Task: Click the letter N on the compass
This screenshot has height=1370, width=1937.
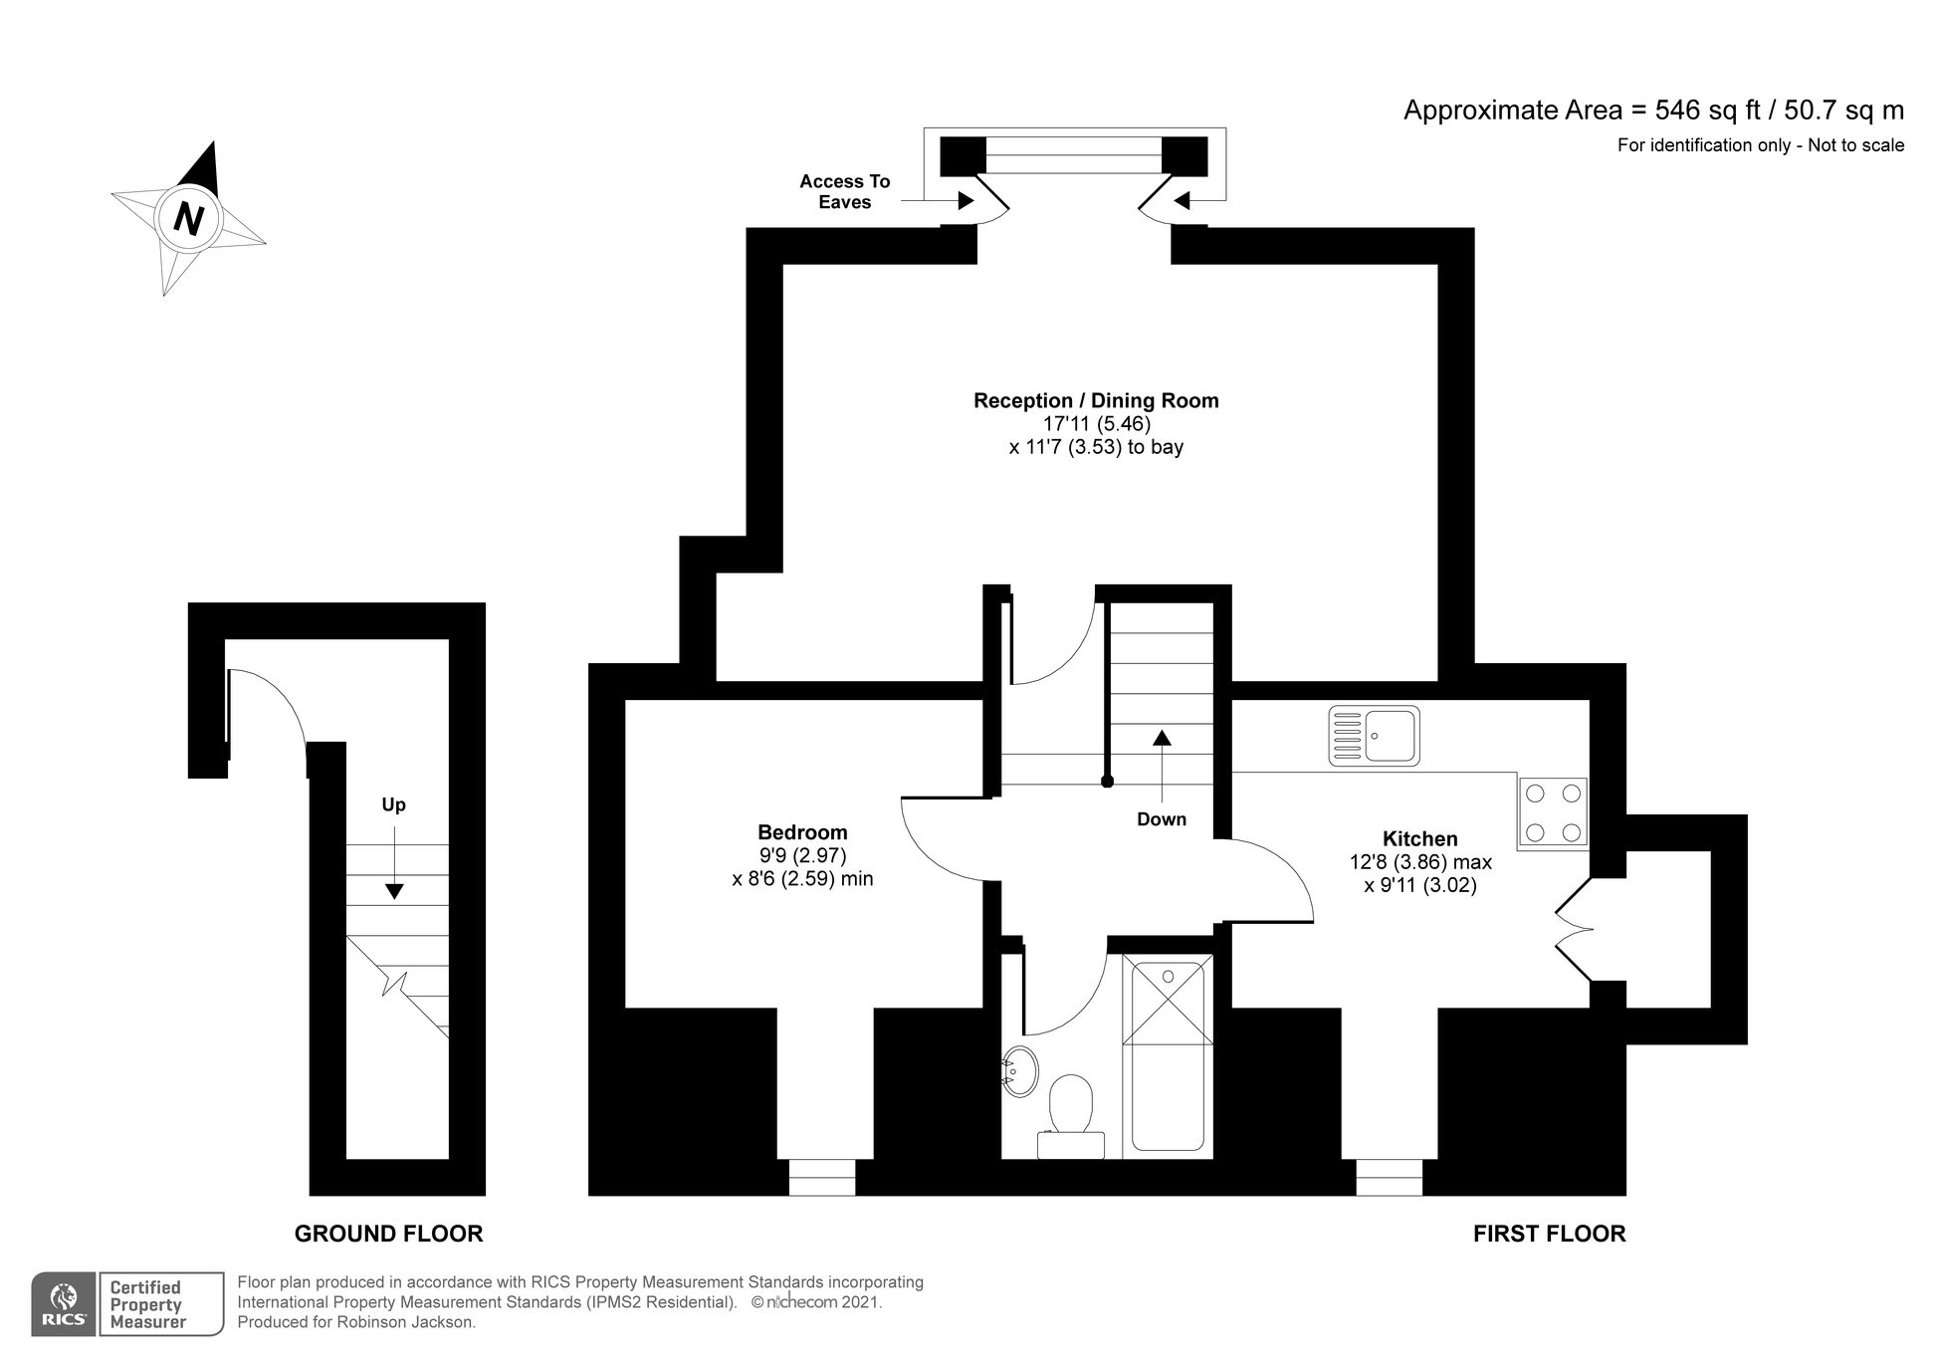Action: click(188, 217)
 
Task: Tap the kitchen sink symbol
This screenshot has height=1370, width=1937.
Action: click(1375, 736)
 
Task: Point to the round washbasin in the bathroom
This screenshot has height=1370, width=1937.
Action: click(1019, 1071)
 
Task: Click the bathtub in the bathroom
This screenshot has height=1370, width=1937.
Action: click(1168, 1055)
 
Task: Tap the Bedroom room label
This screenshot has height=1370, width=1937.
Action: click(802, 832)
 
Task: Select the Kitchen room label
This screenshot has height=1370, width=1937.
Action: click(1419, 839)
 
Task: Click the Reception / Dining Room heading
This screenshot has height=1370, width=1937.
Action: click(1096, 401)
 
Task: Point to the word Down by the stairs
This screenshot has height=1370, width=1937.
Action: click(1162, 819)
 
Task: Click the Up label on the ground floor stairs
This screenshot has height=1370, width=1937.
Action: click(394, 804)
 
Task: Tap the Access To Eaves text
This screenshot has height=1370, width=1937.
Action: click(844, 192)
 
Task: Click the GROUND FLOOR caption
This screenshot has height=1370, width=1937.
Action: click(388, 1235)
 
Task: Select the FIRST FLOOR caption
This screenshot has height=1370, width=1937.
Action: click(1549, 1235)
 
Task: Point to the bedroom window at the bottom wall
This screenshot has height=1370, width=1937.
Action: click(822, 1177)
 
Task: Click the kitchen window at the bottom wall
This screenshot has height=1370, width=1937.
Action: click(1390, 1177)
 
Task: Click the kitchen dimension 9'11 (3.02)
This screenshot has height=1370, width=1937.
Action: click(1419, 885)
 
